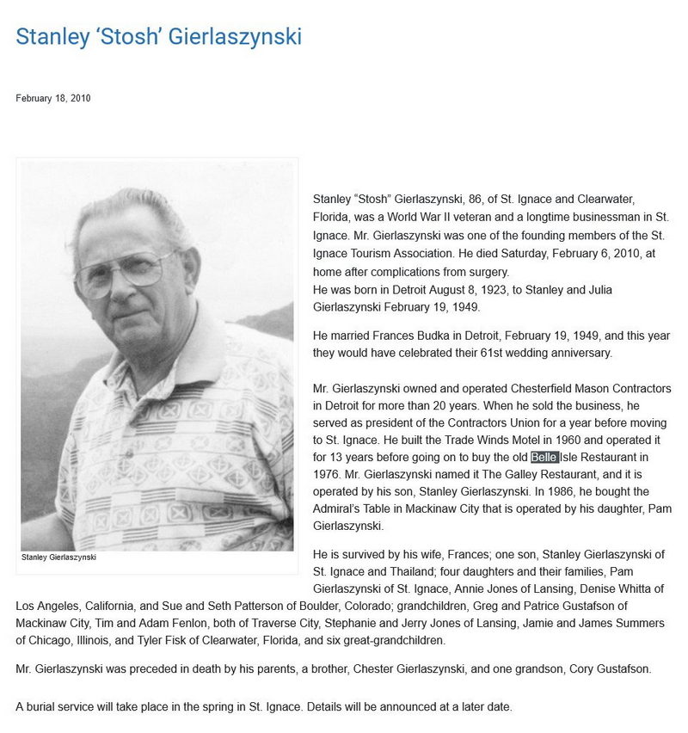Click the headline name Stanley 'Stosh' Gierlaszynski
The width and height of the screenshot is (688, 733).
(x=158, y=37)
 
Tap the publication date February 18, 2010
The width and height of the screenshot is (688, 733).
(x=52, y=98)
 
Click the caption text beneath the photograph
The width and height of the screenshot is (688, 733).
(x=58, y=557)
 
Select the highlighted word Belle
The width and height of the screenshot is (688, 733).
(x=544, y=457)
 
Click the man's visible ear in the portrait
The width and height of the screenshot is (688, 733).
(x=190, y=272)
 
